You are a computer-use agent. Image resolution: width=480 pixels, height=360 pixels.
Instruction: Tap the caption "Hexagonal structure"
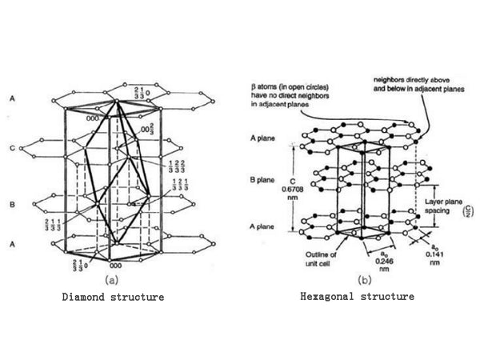click(357, 296)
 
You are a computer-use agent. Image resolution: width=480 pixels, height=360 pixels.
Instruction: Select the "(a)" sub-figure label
click(110, 280)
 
